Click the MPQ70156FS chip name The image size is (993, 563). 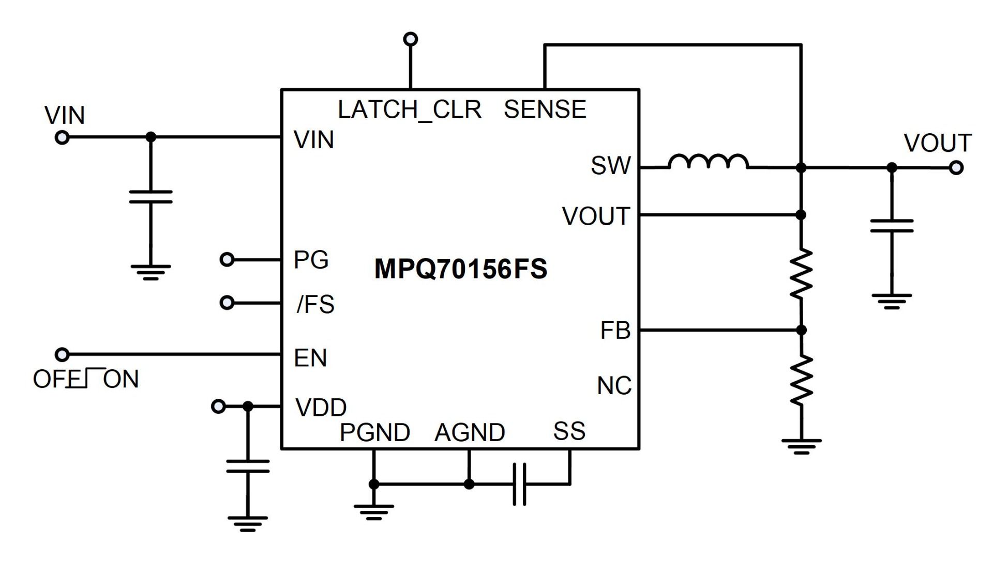tap(460, 269)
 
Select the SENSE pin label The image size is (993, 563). tap(545, 110)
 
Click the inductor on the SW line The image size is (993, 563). tap(708, 162)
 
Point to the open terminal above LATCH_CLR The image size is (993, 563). tap(411, 39)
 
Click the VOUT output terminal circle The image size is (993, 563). tap(956, 168)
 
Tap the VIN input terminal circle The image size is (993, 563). tap(62, 137)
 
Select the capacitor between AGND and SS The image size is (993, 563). tap(520, 484)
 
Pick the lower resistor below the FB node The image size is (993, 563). tap(801, 381)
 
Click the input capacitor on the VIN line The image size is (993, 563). tap(151, 197)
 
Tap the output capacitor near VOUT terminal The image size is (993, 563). tap(892, 226)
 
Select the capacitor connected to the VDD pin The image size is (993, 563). tap(248, 466)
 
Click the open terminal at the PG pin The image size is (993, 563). tap(227, 259)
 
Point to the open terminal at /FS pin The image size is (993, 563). tap(227, 302)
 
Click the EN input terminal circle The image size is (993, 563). tap(62, 354)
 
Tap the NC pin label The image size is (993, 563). tap(614, 386)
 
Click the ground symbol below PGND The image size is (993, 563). tap(373, 512)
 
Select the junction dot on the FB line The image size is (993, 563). tap(801, 330)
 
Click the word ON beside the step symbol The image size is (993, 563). tap(121, 380)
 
